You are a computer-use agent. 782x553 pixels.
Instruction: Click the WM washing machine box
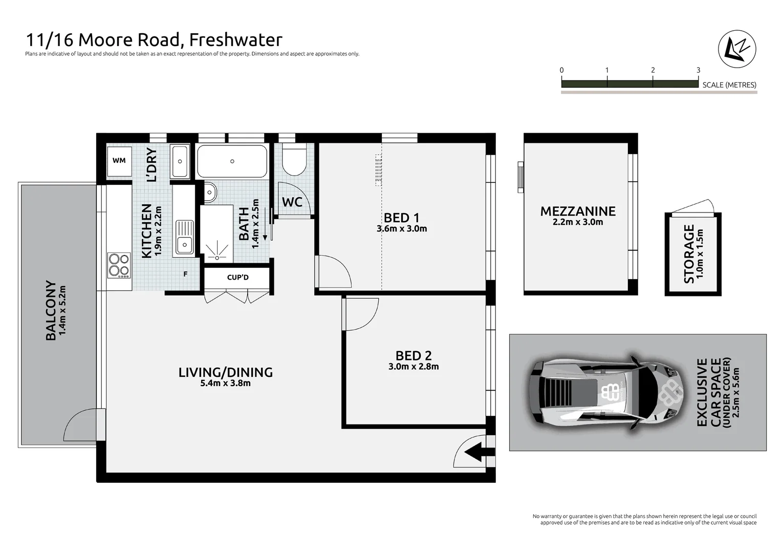pos(119,161)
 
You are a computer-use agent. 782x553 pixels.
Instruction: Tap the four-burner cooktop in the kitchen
pos(119,265)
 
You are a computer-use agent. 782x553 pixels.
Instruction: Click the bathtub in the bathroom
pos(232,161)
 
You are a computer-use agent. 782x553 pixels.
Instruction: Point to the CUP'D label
pos(237,278)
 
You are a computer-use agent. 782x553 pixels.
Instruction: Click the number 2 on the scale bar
pos(653,70)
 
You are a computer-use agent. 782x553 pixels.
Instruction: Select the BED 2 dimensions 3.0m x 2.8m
pos(413,367)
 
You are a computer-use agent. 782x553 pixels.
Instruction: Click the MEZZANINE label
pos(578,211)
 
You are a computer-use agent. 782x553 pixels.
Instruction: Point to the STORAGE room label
pos(689,254)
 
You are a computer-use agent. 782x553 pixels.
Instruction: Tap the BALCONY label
pos(51,310)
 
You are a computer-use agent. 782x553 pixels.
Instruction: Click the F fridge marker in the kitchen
pos(185,274)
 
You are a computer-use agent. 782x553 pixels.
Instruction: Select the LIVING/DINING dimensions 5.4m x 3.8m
pos(225,383)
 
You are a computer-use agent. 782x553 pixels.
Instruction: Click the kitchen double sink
pos(184,237)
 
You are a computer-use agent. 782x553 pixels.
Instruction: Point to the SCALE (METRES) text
pos(729,85)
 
